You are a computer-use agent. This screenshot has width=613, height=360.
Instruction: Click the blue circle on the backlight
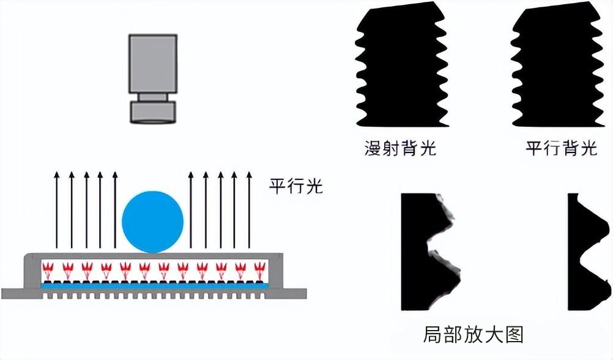153,222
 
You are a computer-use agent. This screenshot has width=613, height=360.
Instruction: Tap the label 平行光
295,186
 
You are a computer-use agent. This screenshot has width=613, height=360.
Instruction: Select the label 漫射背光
401,149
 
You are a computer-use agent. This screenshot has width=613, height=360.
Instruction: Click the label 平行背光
561,149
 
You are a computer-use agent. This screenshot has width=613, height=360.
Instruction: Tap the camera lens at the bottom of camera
153,111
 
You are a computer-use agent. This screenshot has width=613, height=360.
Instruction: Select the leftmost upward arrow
56,211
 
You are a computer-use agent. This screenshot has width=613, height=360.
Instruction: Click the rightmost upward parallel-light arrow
248,211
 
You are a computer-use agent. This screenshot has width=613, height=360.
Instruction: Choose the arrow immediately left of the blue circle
114,211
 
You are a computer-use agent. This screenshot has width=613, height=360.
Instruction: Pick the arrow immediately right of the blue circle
191,211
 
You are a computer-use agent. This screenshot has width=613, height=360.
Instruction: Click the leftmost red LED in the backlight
48,268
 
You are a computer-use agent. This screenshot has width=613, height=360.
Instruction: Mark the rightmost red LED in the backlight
258,268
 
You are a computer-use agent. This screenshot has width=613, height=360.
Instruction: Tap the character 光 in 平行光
313,186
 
